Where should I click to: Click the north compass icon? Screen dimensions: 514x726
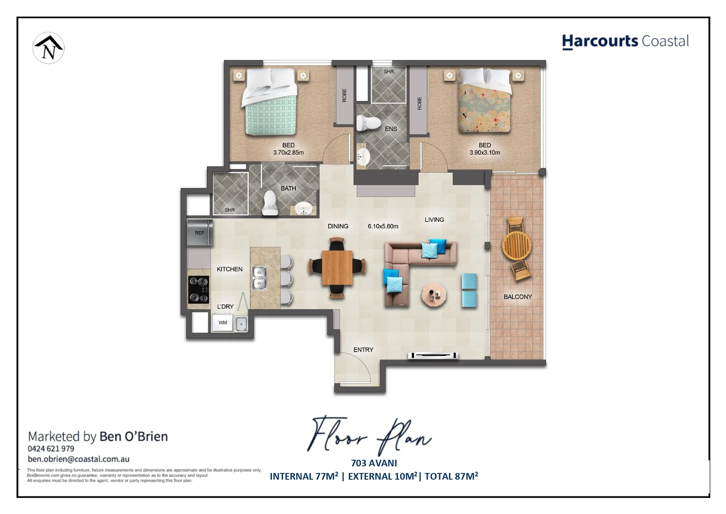49,48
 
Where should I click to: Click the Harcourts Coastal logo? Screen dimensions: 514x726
625,41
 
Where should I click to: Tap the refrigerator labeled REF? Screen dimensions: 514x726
199,232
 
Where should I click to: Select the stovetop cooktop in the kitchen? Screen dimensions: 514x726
198,289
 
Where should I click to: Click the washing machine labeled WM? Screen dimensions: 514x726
223,323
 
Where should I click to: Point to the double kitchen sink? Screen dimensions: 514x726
259,278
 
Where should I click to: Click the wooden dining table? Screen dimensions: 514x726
337,267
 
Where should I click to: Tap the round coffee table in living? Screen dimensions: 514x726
433,295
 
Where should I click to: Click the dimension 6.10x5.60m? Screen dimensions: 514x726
383,227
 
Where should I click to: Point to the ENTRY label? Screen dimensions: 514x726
363,350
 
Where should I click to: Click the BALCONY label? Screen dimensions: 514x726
518,297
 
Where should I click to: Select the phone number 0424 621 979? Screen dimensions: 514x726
51,449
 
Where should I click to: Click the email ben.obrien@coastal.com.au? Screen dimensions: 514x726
78,459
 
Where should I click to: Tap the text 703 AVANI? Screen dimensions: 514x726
374,463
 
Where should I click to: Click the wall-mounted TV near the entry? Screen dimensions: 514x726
434,355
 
